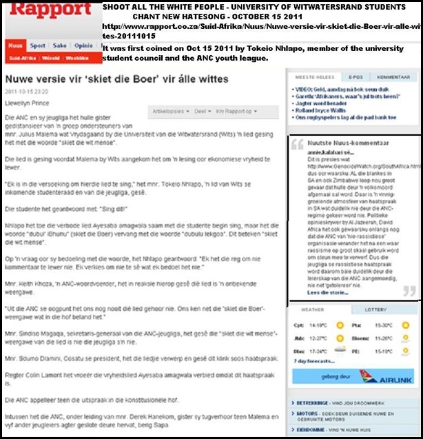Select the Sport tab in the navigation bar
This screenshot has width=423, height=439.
pyautogui.click(x=38, y=45)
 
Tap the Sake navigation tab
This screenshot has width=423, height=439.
pyautogui.click(x=61, y=45)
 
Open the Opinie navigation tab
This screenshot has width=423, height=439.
pyautogui.click(x=84, y=45)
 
